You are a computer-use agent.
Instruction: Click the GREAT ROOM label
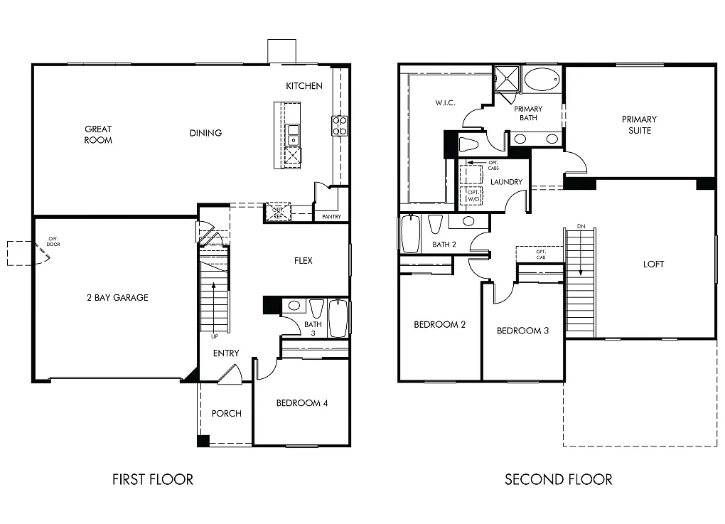(x=98, y=134)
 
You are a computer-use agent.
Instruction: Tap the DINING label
(x=205, y=133)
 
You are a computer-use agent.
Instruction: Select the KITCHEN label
(x=304, y=86)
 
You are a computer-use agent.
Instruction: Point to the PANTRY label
(x=331, y=216)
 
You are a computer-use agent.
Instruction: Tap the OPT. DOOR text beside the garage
(x=53, y=242)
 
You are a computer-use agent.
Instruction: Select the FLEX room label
(x=304, y=261)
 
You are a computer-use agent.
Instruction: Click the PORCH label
(x=227, y=413)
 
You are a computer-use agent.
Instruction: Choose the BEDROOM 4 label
(x=302, y=403)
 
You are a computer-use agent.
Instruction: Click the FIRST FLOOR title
(x=153, y=479)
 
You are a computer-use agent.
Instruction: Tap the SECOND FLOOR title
(x=558, y=479)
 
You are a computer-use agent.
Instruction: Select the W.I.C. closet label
(x=445, y=103)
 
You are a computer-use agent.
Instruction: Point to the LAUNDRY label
(x=507, y=182)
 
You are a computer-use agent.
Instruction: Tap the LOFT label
(x=653, y=264)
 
